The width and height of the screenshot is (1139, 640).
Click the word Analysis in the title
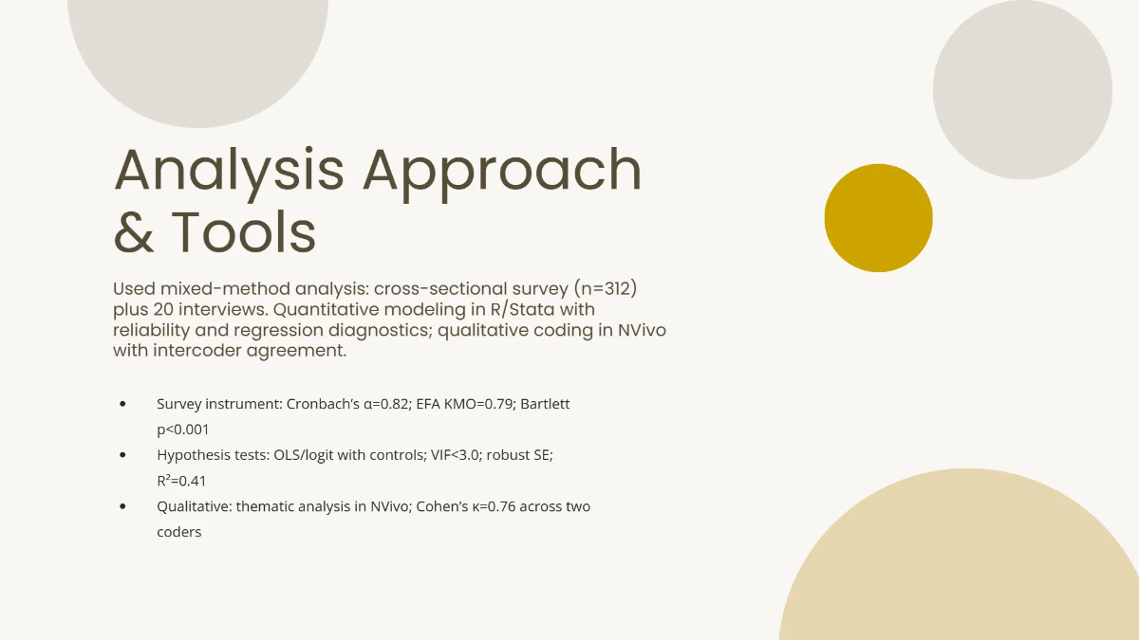pos(229,172)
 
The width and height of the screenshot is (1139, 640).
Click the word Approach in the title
pos(502,172)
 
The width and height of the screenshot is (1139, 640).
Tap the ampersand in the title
pos(134,232)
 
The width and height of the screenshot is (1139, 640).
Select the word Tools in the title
pos(244,232)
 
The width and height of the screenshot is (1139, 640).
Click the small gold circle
pos(878,218)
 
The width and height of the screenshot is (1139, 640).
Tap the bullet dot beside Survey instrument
pos(123,404)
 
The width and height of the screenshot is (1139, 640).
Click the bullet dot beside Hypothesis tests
pos(123,455)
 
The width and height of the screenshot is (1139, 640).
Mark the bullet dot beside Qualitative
pos(123,506)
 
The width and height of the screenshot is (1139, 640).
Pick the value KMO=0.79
pos(470,404)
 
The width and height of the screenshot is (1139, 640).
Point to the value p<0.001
pos(183,430)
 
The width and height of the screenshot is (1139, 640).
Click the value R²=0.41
pos(181,481)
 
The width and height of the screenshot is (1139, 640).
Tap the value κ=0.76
pos(481,506)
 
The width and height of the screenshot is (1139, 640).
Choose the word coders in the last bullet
pos(179,532)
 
